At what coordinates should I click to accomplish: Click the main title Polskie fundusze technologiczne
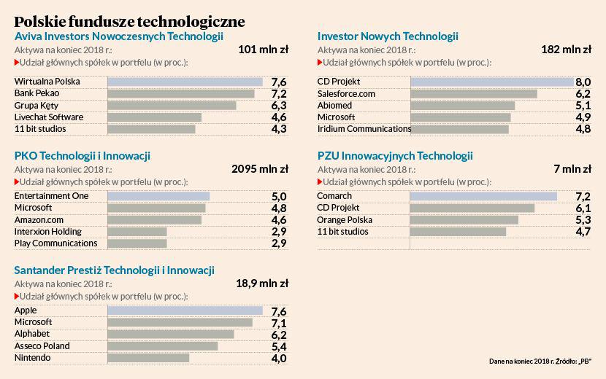tap(129, 20)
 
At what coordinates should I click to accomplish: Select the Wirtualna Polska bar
tap(185, 82)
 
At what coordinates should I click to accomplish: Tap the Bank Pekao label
tap(37, 93)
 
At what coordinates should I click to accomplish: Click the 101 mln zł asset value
tap(263, 50)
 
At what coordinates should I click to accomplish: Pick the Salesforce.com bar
tap(474, 93)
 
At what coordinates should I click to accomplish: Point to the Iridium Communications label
tap(364, 129)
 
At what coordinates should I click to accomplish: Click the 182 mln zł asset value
tap(567, 50)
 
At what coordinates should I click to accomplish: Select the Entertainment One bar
tap(158, 196)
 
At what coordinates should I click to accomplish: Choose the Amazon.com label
tap(39, 219)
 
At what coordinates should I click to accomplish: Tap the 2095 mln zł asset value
tap(259, 168)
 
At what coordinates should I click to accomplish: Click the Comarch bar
tap(483, 196)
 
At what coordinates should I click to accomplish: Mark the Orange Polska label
tap(345, 219)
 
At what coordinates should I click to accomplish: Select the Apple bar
tap(185, 310)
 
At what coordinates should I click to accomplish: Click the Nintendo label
tap(33, 358)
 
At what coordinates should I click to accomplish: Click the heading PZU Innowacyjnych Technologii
tap(395, 156)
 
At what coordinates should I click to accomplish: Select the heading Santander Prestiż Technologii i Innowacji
tap(115, 270)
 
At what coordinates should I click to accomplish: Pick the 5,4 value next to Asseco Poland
tap(278, 346)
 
